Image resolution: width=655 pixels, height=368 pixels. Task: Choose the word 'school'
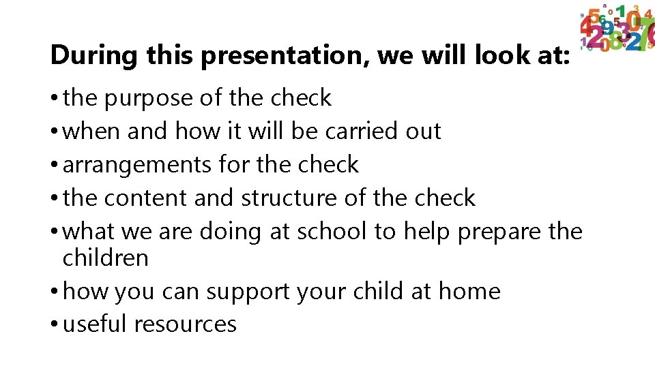pos(331,231)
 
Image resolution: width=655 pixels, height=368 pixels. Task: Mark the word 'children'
pos(105,258)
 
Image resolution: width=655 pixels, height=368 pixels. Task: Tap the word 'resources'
pos(186,324)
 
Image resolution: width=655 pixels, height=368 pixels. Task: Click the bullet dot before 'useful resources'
pos(54,325)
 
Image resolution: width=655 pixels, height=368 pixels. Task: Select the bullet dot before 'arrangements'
pos(54,166)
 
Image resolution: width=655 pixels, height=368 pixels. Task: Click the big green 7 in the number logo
pos(644,31)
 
